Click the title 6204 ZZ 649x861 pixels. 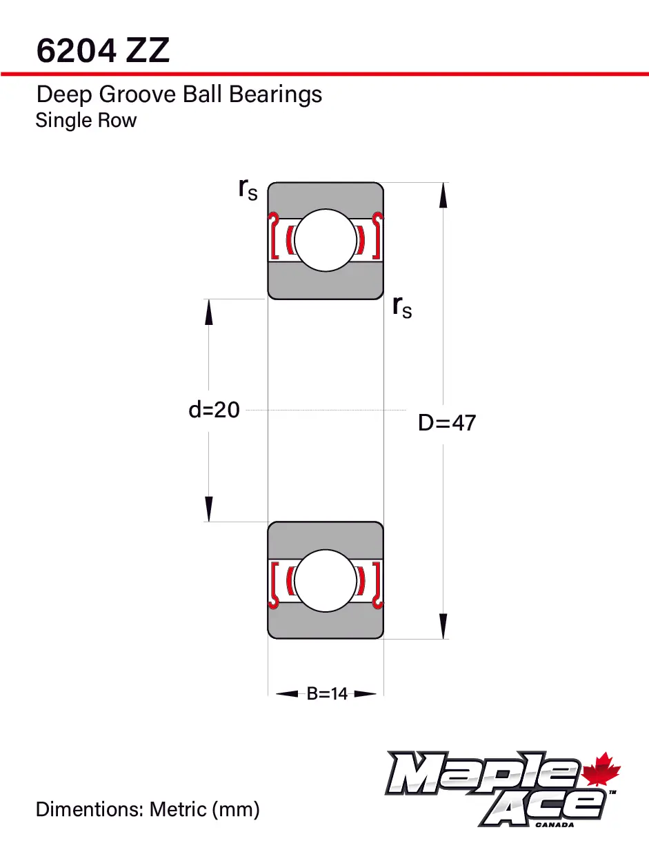pos(103,51)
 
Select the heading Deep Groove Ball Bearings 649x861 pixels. pos(179,94)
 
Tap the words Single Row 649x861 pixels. pos(86,121)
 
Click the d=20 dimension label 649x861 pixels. pos(214,410)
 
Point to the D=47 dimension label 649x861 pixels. pos(447,422)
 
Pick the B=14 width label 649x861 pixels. pos(327,694)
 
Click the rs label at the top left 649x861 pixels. pos(248,188)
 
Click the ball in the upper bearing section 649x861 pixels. pos(326,240)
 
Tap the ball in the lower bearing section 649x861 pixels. pos(326,580)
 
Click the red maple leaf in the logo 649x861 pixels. pos(601,771)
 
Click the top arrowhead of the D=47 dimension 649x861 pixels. pos(443,195)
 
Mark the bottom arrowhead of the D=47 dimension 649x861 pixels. pos(443,626)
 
